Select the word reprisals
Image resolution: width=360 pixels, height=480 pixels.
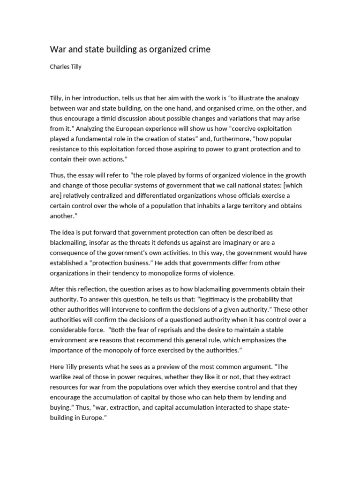click(171, 330)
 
